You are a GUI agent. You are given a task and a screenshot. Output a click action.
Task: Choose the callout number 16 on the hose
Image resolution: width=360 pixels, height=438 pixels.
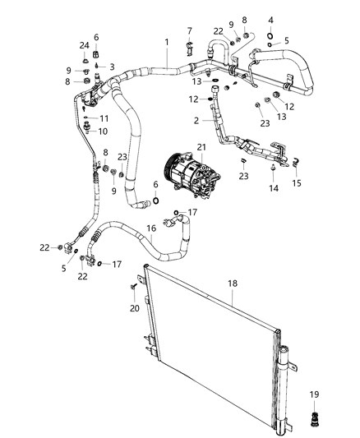click(x=150, y=229)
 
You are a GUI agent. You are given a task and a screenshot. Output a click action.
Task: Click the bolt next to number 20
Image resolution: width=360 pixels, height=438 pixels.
click(x=134, y=285)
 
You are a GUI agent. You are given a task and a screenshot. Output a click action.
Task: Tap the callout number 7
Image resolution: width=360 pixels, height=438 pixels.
click(x=189, y=30)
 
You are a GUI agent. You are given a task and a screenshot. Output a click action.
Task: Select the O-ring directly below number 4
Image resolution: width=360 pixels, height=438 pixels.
click(x=270, y=36)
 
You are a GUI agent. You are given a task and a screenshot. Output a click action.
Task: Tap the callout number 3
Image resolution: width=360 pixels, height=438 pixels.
click(x=113, y=66)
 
